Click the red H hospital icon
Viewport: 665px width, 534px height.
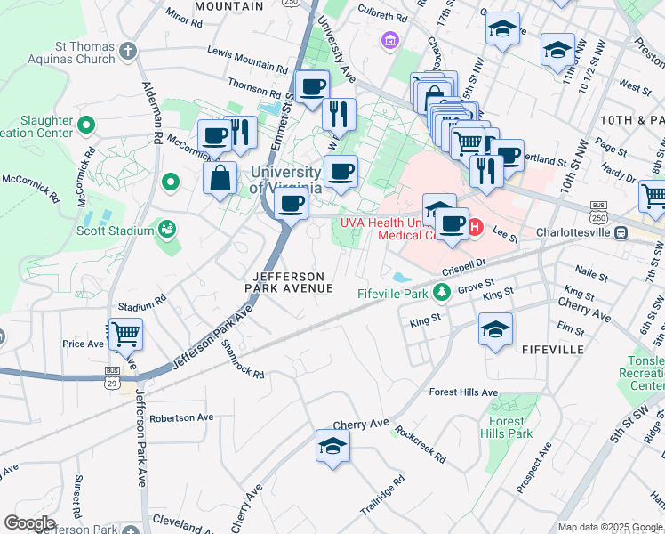coord(475,228)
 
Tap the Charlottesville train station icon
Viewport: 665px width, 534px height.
coord(621,232)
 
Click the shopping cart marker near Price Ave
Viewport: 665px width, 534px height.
coord(125,335)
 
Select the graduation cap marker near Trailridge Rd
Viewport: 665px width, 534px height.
coord(332,446)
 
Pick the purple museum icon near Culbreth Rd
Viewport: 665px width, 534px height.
coord(389,40)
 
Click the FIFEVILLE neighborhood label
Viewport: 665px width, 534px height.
coord(553,350)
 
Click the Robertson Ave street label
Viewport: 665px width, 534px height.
coord(181,417)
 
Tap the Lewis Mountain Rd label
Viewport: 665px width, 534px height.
coord(247,61)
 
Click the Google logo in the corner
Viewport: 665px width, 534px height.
coord(29,523)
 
